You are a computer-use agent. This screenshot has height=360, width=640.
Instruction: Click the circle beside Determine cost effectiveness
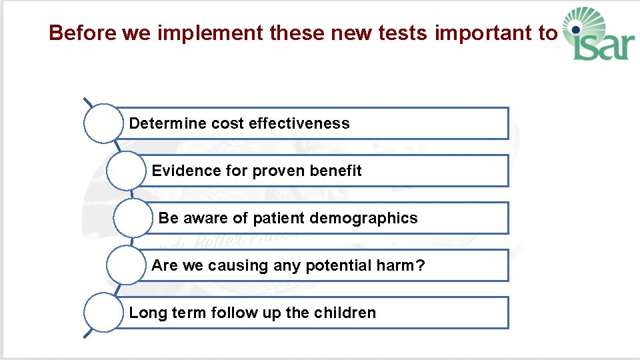(x=103, y=123)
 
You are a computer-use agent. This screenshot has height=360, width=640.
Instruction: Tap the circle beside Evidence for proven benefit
(x=126, y=171)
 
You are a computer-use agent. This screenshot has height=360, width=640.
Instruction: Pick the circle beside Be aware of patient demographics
(x=133, y=218)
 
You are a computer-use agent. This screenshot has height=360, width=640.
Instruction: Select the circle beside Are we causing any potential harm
(x=126, y=265)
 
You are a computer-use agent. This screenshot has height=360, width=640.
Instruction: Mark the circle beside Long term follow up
(x=103, y=313)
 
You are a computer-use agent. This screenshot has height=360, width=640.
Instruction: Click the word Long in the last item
(x=143, y=313)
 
